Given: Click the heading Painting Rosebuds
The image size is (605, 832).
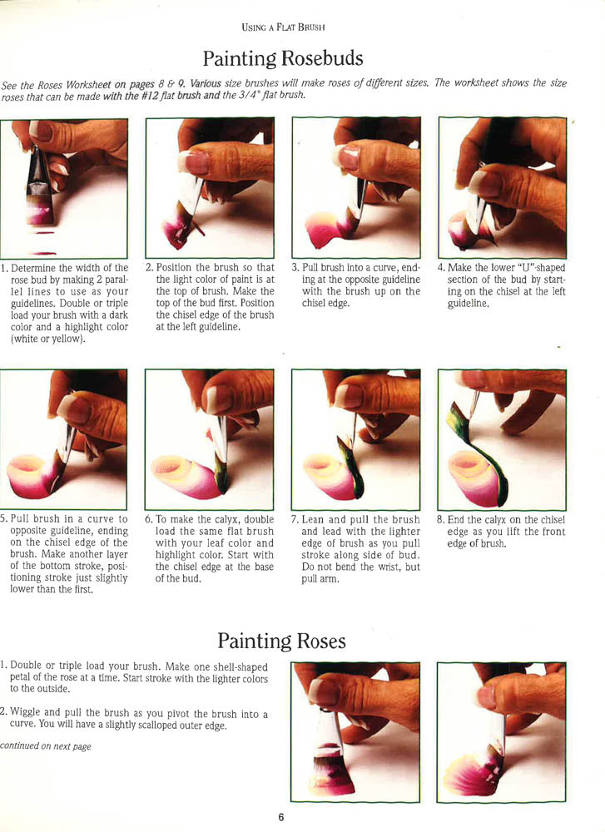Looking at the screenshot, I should point(283,58).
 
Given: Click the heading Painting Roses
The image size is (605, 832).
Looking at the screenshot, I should point(281,641).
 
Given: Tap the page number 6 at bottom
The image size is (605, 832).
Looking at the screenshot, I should point(281,817).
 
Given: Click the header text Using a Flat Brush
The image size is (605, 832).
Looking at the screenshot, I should point(282,27).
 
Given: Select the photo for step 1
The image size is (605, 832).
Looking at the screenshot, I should point(63,188).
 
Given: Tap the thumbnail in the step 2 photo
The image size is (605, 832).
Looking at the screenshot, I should point(197,161).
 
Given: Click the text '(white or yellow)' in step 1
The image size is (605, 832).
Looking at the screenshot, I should point(45,339).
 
